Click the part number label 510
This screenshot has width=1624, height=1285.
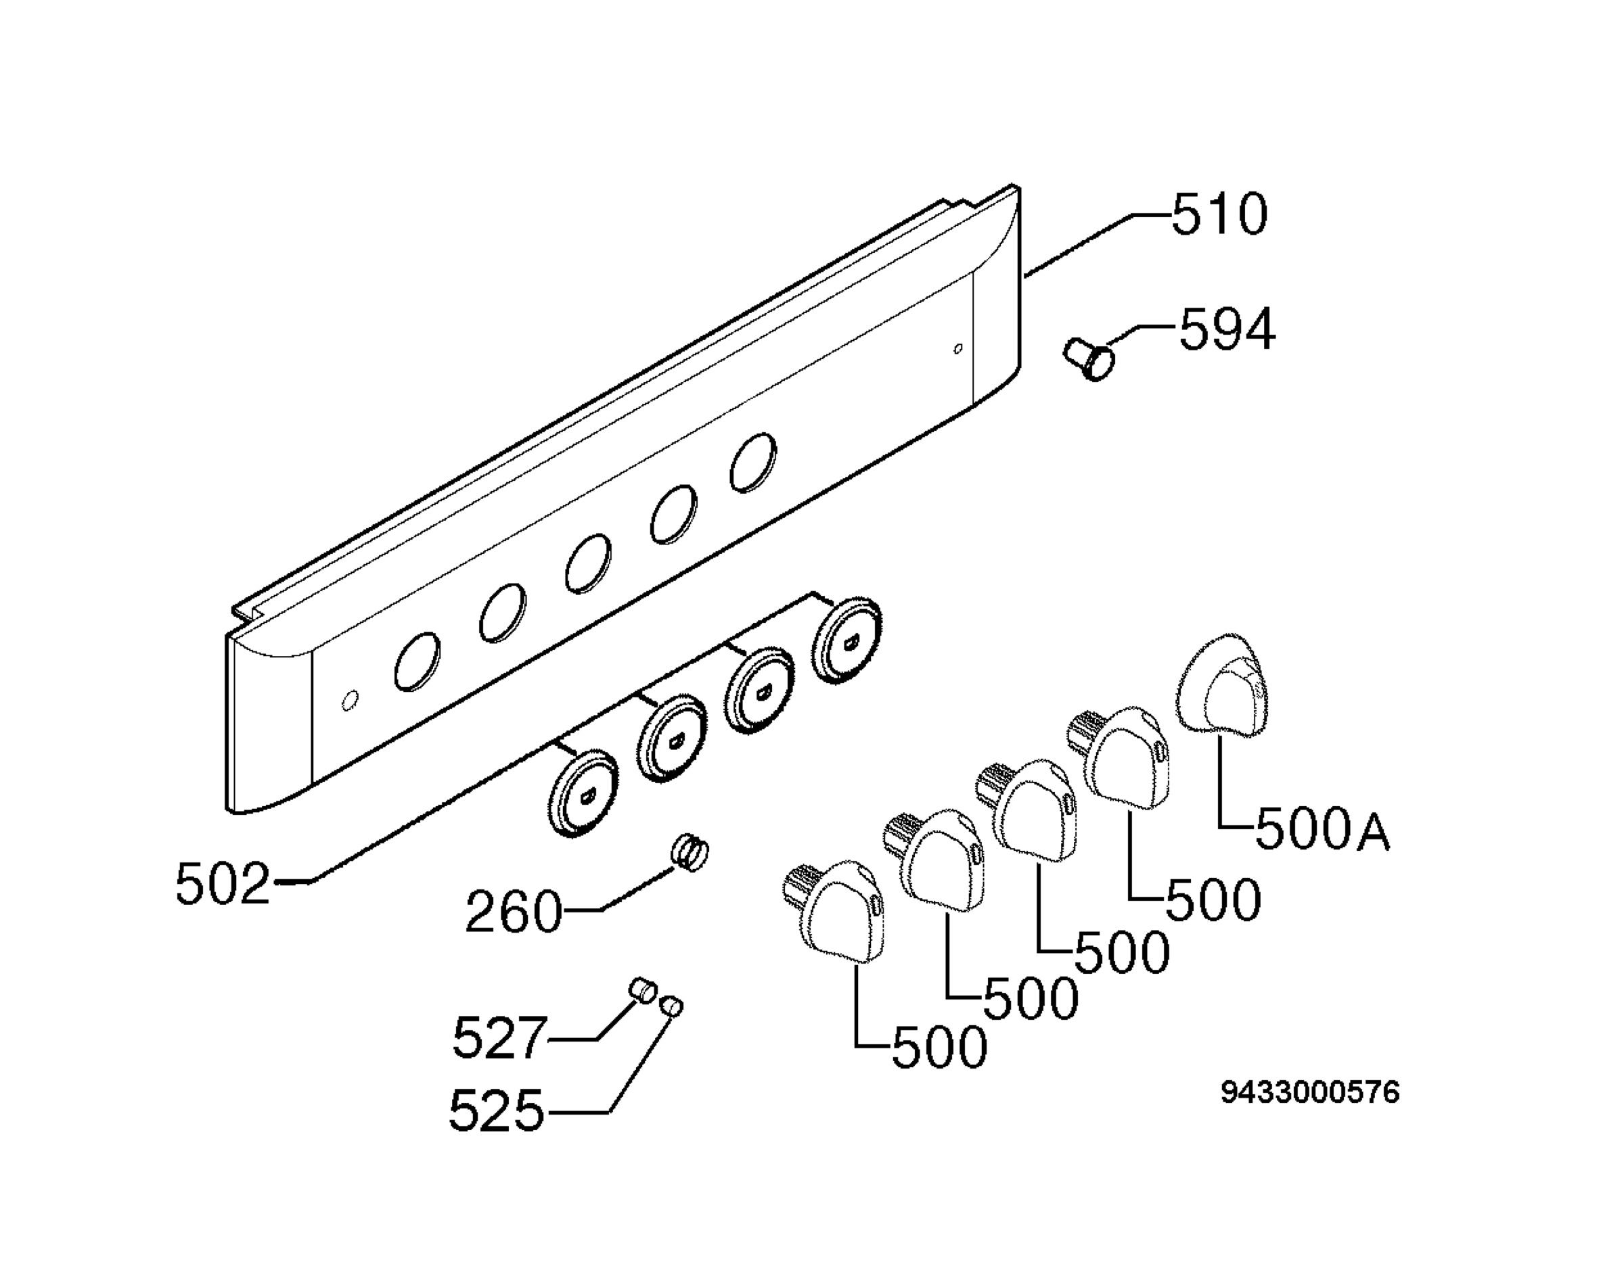pyautogui.click(x=1219, y=215)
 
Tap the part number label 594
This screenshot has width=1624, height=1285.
pyautogui.click(x=1227, y=329)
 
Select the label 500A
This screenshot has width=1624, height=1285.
pyautogui.click(x=1322, y=830)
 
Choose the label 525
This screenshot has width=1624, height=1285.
pyautogui.click(x=496, y=1111)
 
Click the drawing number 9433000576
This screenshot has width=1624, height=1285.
pyautogui.click(x=1309, y=1093)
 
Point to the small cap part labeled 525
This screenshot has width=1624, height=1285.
pyautogui.click(x=671, y=1005)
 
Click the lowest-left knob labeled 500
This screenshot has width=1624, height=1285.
pyautogui.click(x=835, y=910)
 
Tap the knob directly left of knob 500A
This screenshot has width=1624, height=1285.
pyautogui.click(x=1121, y=757)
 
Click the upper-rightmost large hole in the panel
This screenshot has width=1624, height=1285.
pyautogui.click(x=753, y=462)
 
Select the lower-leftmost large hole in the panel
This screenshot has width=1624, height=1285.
pyautogui.click(x=416, y=661)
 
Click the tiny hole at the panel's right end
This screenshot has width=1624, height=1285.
pyautogui.click(x=957, y=348)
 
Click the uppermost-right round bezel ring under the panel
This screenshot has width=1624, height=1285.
pyautogui.click(x=847, y=640)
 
